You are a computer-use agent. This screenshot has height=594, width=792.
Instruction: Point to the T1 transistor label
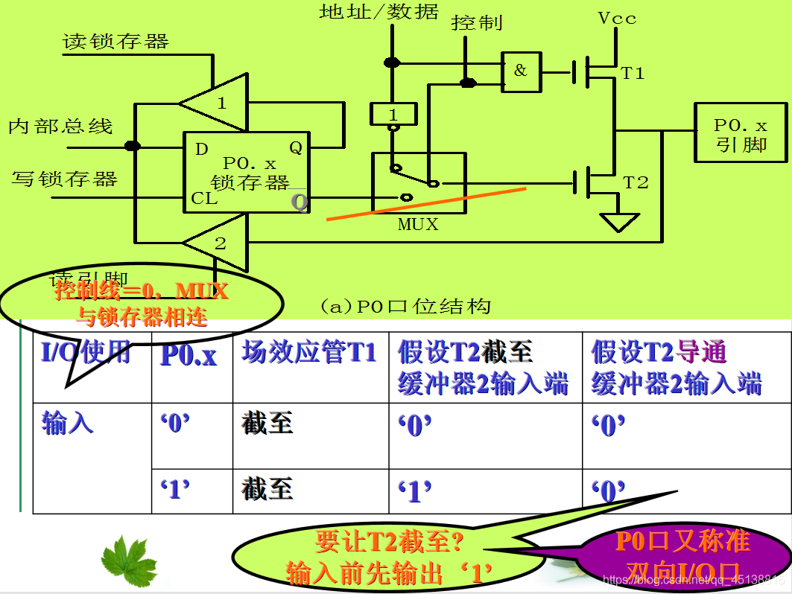pyautogui.click(x=633, y=73)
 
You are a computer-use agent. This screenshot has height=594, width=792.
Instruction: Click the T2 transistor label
pyautogui.click(x=636, y=182)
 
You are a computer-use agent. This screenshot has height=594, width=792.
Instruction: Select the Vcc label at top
pyautogui.click(x=618, y=19)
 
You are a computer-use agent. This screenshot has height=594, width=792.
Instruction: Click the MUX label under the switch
pyautogui.click(x=418, y=224)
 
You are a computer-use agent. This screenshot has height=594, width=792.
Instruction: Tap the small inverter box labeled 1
pyautogui.click(x=392, y=114)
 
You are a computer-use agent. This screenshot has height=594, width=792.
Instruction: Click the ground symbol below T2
pyautogui.click(x=619, y=222)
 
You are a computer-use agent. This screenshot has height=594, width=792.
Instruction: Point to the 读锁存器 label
pyautogui.click(x=116, y=41)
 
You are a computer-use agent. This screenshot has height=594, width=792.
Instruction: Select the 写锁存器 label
pyautogui.click(x=65, y=179)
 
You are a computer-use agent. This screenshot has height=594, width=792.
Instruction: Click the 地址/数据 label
pyautogui.click(x=379, y=12)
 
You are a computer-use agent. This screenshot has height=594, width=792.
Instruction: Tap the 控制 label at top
pyautogui.click(x=477, y=23)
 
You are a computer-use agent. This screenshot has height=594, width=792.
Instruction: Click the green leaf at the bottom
pyautogui.click(x=130, y=560)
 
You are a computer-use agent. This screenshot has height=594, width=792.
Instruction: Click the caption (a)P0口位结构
pyautogui.click(x=405, y=305)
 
